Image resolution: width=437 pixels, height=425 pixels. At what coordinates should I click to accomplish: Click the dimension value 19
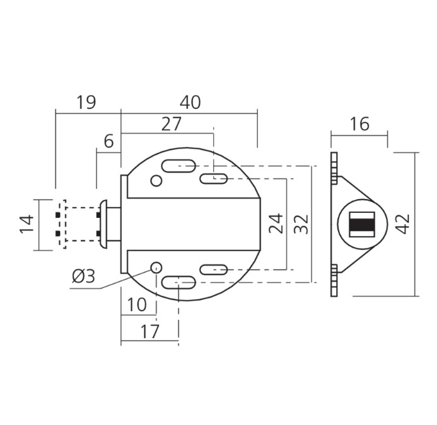pyautogui.click(x=86, y=102)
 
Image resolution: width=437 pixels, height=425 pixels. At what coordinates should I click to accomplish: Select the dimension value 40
pyautogui.click(x=190, y=102)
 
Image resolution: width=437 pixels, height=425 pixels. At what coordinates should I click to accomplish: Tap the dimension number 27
pyautogui.click(x=172, y=124)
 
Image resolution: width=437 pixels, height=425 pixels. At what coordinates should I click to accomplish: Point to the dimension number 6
pyautogui.click(x=108, y=141)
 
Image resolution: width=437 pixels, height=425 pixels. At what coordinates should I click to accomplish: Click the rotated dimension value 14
pyautogui.click(x=26, y=224)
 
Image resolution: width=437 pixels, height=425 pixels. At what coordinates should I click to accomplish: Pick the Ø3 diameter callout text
pyautogui.click(x=84, y=276)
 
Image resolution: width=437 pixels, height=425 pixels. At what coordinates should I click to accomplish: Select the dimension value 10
pyautogui.click(x=137, y=305)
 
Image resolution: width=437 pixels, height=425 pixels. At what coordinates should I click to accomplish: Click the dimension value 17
pyautogui.click(x=150, y=331)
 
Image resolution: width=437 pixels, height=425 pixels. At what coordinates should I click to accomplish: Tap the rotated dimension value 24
pyautogui.click(x=276, y=224)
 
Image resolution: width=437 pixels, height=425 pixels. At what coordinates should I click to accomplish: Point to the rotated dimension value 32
pyautogui.click(x=301, y=224)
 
